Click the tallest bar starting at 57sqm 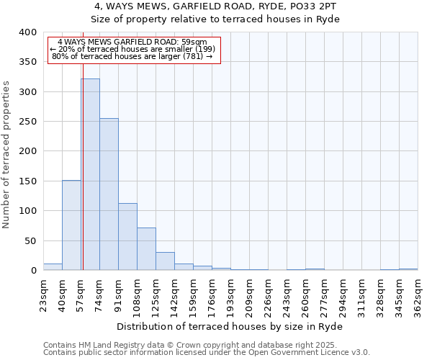[90, 174]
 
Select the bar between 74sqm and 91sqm [109, 194]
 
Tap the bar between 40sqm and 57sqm [71, 225]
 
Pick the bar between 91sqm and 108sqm [127, 237]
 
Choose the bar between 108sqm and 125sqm [146, 249]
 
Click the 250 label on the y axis [27, 122]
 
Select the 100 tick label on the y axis [27, 211]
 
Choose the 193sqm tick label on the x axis [230, 297]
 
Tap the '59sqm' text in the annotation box [193, 42]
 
